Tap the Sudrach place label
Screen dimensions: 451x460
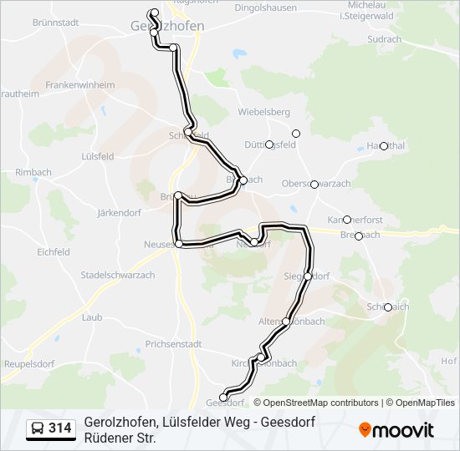(384, 39)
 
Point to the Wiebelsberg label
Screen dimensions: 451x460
(263, 112)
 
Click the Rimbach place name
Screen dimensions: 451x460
(33, 172)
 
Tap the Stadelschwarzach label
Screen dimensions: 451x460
(116, 274)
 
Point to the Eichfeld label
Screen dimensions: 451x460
(53, 251)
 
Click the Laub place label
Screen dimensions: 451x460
(92, 317)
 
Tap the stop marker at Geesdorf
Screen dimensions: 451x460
(223, 398)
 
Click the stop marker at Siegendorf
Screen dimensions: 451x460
(308, 276)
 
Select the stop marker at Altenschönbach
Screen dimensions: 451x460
(286, 322)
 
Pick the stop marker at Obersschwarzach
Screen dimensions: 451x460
(314, 184)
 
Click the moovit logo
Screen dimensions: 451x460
(396, 430)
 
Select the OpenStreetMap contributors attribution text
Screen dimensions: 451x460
(315, 403)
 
